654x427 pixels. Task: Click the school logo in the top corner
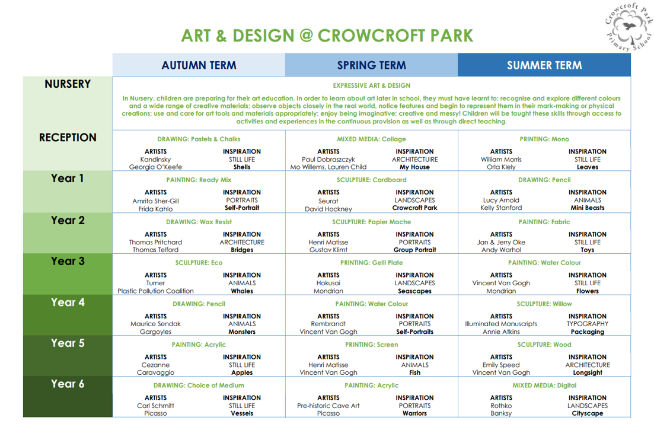pyautogui.click(x=629, y=27)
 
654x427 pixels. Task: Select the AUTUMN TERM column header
pyautogui.click(x=199, y=65)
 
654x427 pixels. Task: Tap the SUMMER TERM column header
pyautogui.click(x=544, y=65)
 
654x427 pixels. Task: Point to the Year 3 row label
pyautogui.click(x=68, y=261)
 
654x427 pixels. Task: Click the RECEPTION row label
pyautogui.click(x=68, y=138)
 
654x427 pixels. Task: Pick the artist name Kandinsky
pyautogui.click(x=155, y=160)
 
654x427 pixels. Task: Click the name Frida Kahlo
pyautogui.click(x=155, y=209)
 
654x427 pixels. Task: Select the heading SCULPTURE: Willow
pyautogui.click(x=544, y=304)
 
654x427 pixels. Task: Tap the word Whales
pyautogui.click(x=242, y=291)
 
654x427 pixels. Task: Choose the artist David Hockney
pyautogui.click(x=328, y=209)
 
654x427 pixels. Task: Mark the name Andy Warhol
pyautogui.click(x=501, y=250)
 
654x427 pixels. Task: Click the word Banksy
pyautogui.click(x=501, y=413)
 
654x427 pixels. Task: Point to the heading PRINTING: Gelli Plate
pyautogui.click(x=371, y=262)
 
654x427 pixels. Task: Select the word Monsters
pyautogui.click(x=242, y=332)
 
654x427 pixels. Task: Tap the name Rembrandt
pyautogui.click(x=328, y=324)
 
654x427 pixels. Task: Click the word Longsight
pyautogui.click(x=587, y=373)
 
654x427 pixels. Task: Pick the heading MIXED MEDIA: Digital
pyautogui.click(x=544, y=385)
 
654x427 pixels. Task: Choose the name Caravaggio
pyautogui.click(x=155, y=373)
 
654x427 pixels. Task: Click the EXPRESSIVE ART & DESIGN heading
pyautogui.click(x=371, y=85)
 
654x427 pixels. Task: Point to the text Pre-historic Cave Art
pyautogui.click(x=328, y=406)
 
